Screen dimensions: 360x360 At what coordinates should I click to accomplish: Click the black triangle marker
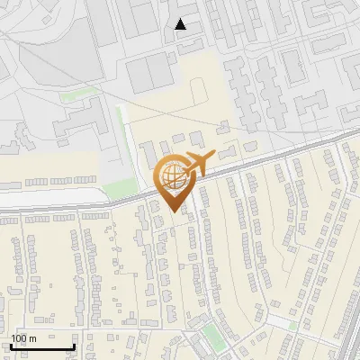[x=181, y=24]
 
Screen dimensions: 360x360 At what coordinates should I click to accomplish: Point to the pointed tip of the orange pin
[x=173, y=211]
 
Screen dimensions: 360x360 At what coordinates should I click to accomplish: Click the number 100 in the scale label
[x=20, y=337]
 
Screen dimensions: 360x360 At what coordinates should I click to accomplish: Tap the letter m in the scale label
[x=33, y=337]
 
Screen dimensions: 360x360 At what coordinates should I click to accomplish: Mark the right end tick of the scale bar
[x=73, y=346]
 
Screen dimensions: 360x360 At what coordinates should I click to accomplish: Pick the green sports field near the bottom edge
[x=211, y=337]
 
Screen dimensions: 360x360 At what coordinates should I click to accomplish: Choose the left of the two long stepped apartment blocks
[x=241, y=90]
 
